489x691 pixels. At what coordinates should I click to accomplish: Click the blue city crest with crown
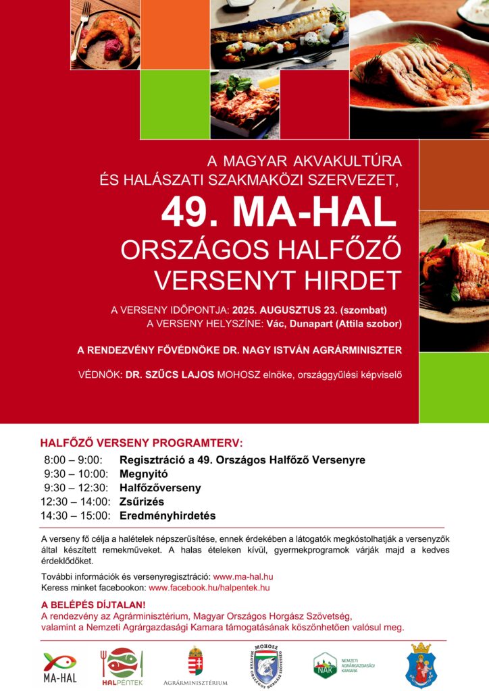[422, 665]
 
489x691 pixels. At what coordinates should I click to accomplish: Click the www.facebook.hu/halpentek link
[209, 588]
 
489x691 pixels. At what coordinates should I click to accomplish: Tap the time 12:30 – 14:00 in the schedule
[75, 501]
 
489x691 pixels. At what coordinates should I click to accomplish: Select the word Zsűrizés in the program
[141, 501]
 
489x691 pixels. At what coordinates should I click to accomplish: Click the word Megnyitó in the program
[143, 474]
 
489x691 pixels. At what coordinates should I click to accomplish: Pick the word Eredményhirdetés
[168, 516]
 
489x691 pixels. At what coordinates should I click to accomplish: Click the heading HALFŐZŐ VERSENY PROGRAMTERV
[141, 443]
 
